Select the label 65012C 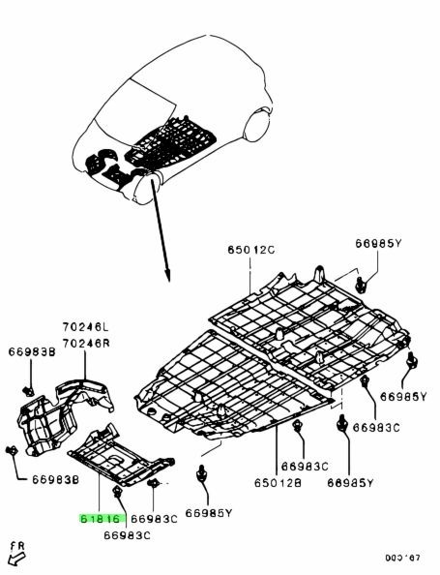pos(251,250)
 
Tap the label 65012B pos(278,483)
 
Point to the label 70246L pos(86,326)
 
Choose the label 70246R pos(86,344)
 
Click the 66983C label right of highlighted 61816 pos(154,519)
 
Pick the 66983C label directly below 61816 pos(127,535)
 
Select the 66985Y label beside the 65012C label pos(378,243)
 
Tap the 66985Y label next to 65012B pos(350,483)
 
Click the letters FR pos(18,546)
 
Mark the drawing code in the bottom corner pos(402,559)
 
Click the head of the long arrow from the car pos(168,276)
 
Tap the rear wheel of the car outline pos(257,124)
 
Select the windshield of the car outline pos(135,108)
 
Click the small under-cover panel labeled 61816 pos(121,456)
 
